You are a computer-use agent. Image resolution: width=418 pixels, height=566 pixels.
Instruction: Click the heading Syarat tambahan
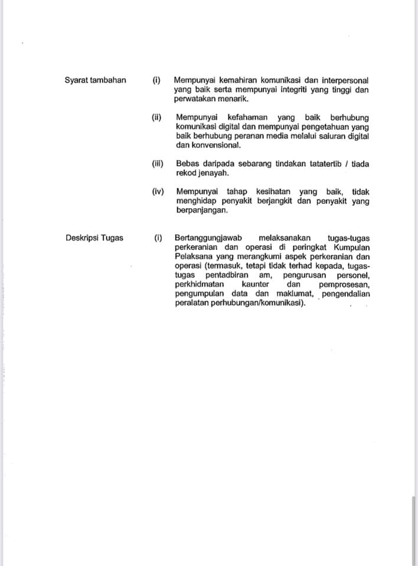coord(95,80)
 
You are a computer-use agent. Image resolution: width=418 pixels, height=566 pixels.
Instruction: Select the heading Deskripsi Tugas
coord(94,238)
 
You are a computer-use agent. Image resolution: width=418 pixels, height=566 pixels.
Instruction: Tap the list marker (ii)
coord(156,117)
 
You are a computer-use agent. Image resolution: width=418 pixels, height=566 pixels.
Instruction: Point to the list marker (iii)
coord(157,164)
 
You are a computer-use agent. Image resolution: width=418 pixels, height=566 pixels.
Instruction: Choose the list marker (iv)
coord(157,192)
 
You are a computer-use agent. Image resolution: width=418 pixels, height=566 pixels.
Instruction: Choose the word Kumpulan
coord(351,247)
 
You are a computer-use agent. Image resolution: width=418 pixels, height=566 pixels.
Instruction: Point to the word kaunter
coord(256,285)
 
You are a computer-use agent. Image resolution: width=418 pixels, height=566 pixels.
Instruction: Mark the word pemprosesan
coord(344,285)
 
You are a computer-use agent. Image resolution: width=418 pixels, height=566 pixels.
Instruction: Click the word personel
coord(352,275)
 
